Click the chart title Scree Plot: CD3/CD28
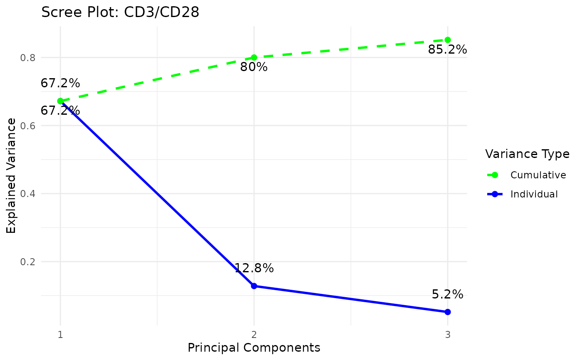(121, 12)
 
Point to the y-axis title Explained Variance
(12, 175)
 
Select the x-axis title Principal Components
(254, 348)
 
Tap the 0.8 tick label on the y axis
(27, 58)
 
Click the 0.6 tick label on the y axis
(27, 126)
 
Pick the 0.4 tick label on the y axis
(27, 194)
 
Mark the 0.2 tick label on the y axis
(27, 262)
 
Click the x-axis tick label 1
(60, 334)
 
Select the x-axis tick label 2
(254, 334)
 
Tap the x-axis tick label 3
(448, 334)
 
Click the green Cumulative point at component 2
(254, 57)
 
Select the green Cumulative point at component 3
(448, 40)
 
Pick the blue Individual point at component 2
(254, 286)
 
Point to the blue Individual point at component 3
(448, 312)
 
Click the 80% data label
(254, 67)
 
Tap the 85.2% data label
(448, 50)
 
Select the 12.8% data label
(254, 269)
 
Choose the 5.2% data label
(448, 295)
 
